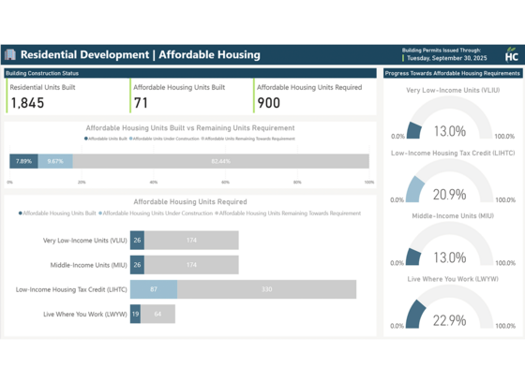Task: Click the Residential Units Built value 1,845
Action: (x=27, y=103)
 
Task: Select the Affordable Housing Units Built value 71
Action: (x=141, y=103)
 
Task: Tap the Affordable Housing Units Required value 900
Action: (x=268, y=103)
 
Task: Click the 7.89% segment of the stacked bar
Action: (x=23, y=161)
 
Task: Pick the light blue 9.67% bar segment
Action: (x=55, y=161)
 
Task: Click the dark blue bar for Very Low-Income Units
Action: (x=137, y=241)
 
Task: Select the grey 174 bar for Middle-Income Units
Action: (x=191, y=265)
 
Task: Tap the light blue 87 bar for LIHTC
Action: (x=154, y=289)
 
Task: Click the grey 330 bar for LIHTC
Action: (x=266, y=289)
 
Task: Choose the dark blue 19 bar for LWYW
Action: (x=135, y=314)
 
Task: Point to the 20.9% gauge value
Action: (x=449, y=195)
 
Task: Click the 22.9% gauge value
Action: (x=449, y=320)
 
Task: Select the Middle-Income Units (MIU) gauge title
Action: (x=452, y=216)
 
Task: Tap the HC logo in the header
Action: (x=511, y=54)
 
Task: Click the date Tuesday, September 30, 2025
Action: (x=446, y=58)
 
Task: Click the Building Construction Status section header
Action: (x=42, y=73)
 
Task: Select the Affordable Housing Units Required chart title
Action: (x=189, y=201)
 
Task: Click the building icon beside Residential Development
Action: (x=10, y=55)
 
